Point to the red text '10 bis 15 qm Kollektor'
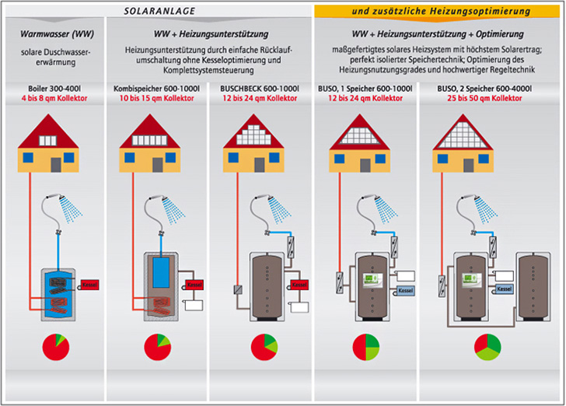click(156, 100)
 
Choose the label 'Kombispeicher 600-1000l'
click(156, 89)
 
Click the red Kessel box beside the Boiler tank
click(86, 285)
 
